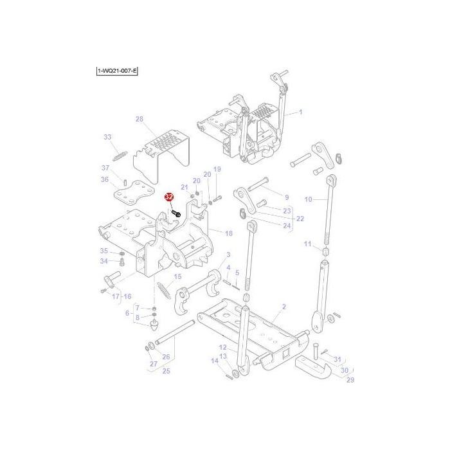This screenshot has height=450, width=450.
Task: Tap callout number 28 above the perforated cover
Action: (x=139, y=120)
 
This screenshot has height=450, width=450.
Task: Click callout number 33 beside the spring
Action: (x=107, y=137)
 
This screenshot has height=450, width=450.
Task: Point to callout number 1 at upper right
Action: (x=300, y=113)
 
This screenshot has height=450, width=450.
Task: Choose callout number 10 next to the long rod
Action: (x=308, y=199)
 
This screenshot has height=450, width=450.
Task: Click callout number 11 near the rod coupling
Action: (x=307, y=244)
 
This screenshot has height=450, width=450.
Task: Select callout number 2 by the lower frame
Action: (x=284, y=308)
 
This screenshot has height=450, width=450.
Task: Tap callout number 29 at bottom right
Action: (x=350, y=381)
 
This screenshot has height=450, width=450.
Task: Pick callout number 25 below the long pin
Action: (x=165, y=371)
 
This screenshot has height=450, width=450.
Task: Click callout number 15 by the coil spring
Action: (x=178, y=276)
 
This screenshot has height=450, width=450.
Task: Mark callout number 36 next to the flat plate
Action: (x=105, y=180)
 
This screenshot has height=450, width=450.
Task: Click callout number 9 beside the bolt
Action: (x=287, y=197)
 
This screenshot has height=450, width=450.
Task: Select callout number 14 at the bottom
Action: (x=215, y=361)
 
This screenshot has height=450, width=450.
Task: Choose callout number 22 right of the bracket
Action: (x=300, y=219)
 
